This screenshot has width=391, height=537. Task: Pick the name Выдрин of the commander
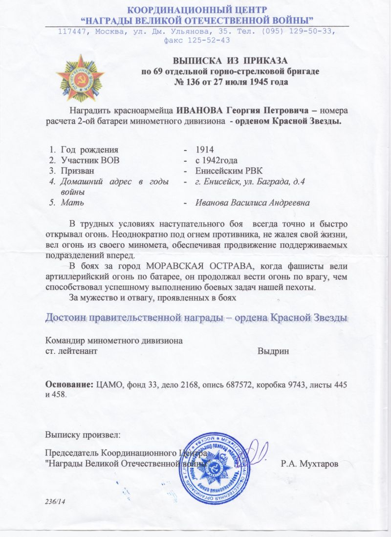point(273,350)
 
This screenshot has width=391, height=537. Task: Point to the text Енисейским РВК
point(221,170)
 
